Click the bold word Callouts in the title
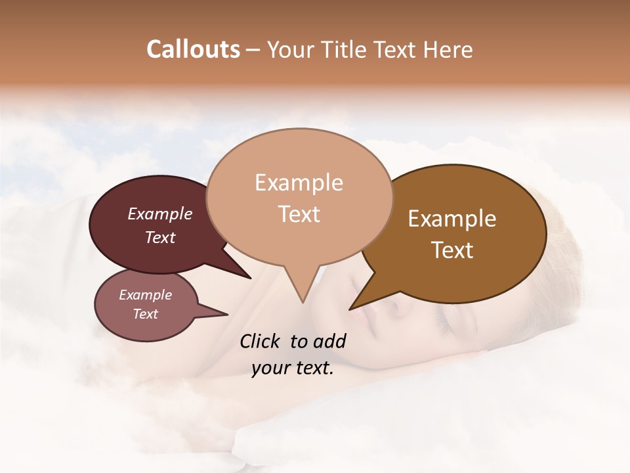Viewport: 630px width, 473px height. pyautogui.click(x=193, y=49)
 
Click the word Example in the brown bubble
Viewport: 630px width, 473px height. pyautogui.click(x=452, y=219)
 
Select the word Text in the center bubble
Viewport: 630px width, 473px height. pyautogui.click(x=299, y=214)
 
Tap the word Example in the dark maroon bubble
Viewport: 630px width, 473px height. pyautogui.click(x=159, y=214)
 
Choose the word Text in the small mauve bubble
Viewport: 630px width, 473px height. pyautogui.click(x=145, y=314)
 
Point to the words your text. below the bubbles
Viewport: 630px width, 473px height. pyautogui.click(x=292, y=369)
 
